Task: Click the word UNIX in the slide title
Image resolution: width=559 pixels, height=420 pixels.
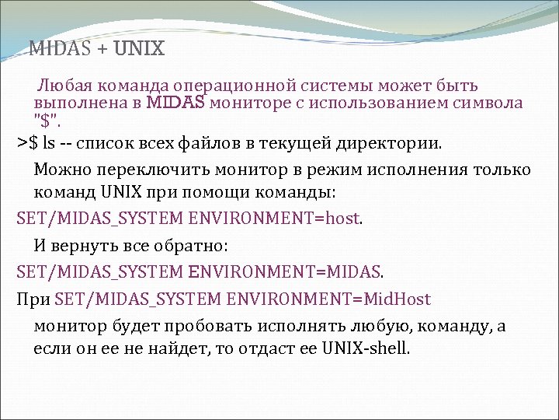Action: tap(139, 49)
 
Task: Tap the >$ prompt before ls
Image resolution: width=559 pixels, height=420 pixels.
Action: tap(27, 144)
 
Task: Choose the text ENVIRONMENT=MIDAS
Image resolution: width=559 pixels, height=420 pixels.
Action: tap(285, 272)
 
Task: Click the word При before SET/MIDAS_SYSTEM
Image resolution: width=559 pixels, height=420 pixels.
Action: tap(32, 299)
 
